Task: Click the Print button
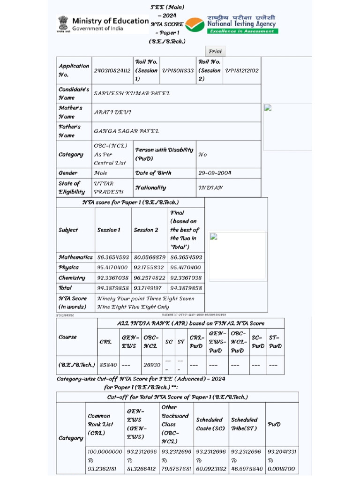click(215, 52)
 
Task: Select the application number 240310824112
click(112, 70)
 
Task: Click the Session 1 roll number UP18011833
click(178, 70)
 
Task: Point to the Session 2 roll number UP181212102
click(242, 70)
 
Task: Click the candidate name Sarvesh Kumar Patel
click(132, 93)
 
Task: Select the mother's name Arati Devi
click(112, 112)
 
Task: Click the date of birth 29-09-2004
click(215, 173)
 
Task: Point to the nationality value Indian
click(210, 187)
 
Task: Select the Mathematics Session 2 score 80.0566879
click(150, 257)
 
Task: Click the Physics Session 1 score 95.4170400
click(112, 267)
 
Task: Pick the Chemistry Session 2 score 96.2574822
click(150, 277)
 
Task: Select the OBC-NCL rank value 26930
click(152, 364)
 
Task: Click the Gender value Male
click(100, 173)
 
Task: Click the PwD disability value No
click(202, 154)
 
